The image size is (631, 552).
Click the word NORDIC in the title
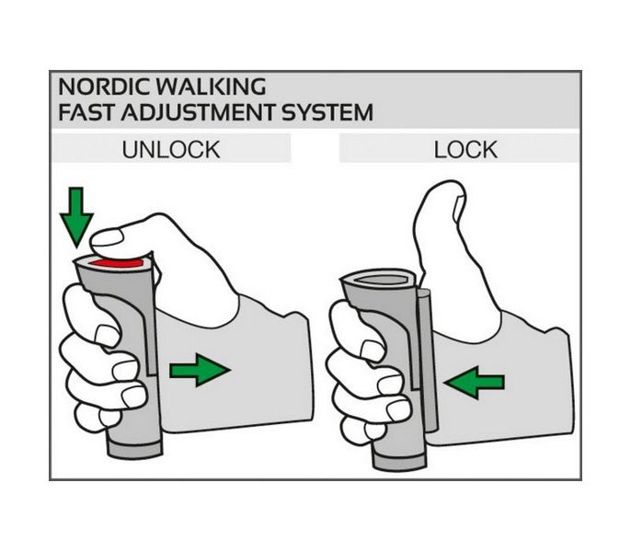click(x=105, y=86)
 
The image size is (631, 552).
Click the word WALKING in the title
click(x=211, y=86)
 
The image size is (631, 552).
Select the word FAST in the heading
click(x=86, y=112)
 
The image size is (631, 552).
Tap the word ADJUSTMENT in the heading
click(x=198, y=112)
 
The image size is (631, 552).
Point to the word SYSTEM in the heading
click(x=327, y=112)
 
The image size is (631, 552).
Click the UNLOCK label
click(x=171, y=150)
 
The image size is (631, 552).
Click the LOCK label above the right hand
click(x=465, y=150)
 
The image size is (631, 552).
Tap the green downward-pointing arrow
click(x=76, y=216)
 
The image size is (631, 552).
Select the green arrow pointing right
click(x=200, y=370)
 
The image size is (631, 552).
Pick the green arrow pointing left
click(x=474, y=382)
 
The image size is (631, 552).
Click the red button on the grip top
click(x=117, y=263)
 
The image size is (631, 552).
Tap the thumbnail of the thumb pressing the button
click(x=107, y=238)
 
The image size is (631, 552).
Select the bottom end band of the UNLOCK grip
click(x=135, y=449)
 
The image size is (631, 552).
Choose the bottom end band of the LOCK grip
click(x=400, y=461)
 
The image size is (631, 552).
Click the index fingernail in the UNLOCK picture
click(x=108, y=336)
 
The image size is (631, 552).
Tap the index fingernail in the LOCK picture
click(x=373, y=351)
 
